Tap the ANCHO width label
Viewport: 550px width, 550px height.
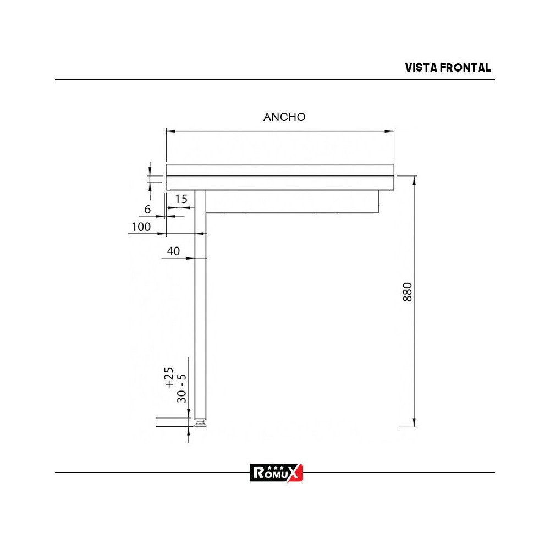[x=284, y=117]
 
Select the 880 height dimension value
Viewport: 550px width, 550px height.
[x=407, y=292]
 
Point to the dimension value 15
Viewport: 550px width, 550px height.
[x=182, y=199]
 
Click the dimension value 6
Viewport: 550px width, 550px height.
[x=147, y=209]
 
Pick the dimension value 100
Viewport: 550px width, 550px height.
[x=141, y=227]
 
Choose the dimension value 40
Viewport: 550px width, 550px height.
[x=173, y=251]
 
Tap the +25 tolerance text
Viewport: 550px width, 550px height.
[x=169, y=377]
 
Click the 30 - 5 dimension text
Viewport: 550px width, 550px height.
[x=182, y=388]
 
